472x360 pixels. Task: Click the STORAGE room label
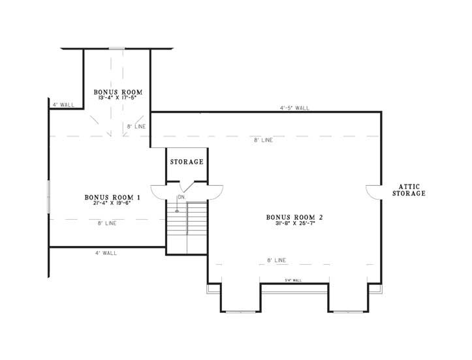(x=187, y=162)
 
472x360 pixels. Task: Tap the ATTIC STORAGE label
(x=408, y=190)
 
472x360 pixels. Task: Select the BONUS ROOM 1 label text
(x=112, y=197)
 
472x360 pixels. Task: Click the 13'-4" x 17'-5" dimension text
(x=118, y=98)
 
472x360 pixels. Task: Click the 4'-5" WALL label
(x=294, y=108)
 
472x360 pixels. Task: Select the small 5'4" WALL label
(x=293, y=280)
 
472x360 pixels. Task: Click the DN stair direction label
(x=181, y=197)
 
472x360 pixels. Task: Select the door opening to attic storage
(x=373, y=192)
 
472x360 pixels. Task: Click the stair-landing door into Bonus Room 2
(x=216, y=192)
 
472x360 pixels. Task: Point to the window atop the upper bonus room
(x=117, y=48)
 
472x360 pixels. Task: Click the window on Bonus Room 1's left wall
(x=48, y=196)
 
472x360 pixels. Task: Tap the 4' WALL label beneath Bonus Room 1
(x=106, y=253)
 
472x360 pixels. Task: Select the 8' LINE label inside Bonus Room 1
(x=106, y=224)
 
